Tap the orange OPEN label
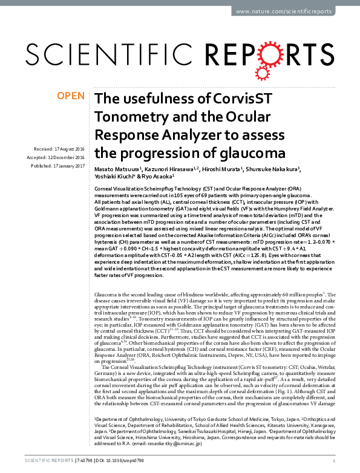coord(70,95)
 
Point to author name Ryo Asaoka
coord(159,177)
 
